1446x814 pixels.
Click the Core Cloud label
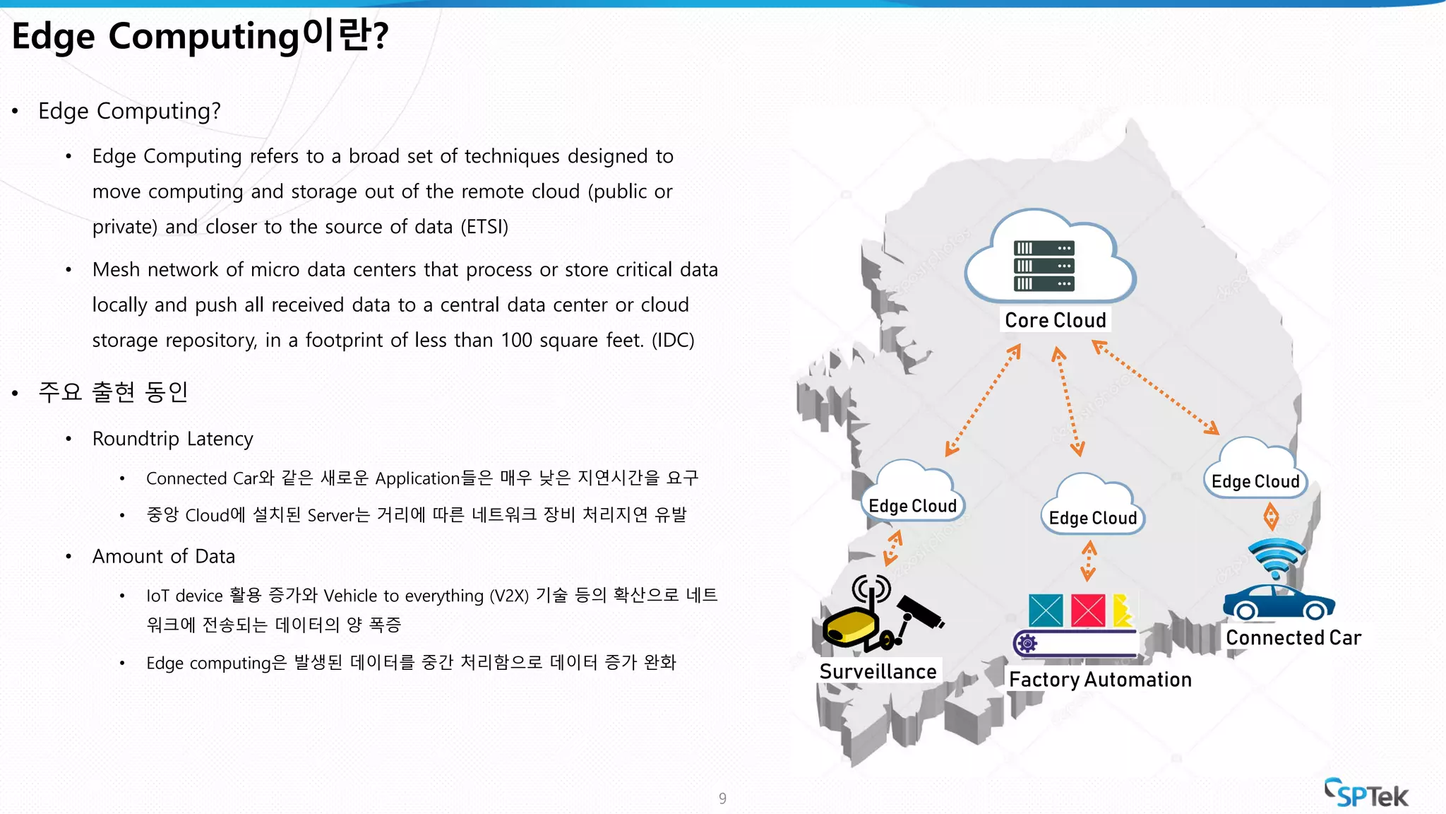1055,320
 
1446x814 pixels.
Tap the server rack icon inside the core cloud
1044,266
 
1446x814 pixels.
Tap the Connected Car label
1293,637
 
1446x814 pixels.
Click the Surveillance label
878,671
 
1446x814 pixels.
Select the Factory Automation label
1100,680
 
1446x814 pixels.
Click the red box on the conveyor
1088,610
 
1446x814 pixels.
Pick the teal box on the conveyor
1046,610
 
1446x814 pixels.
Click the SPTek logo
1366,794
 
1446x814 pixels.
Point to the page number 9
722,798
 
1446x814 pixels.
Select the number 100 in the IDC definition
516,340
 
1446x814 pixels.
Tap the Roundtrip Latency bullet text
172,439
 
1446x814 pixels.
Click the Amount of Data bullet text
163,556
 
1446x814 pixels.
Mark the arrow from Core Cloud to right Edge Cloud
1156,387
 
